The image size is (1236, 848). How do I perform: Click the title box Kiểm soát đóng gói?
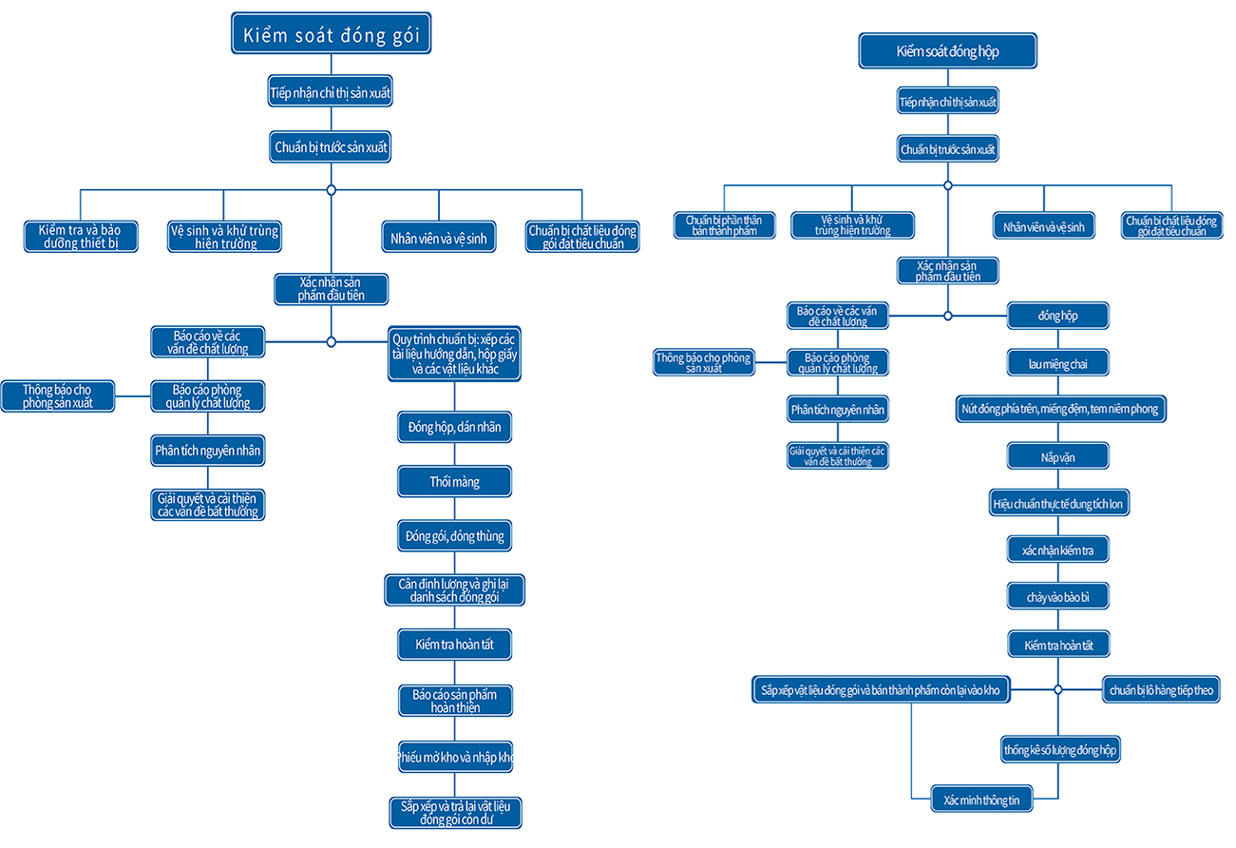(331, 33)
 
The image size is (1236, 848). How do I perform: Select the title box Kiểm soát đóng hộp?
(947, 50)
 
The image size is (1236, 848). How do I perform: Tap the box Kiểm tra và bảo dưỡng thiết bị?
(81, 237)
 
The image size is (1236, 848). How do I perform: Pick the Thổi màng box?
(455, 481)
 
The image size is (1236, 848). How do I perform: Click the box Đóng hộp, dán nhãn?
(455, 427)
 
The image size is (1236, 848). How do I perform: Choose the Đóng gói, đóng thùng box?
(455, 535)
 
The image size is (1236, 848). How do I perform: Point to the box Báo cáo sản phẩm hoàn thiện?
(455, 701)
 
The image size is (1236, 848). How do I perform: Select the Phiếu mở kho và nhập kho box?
(455, 757)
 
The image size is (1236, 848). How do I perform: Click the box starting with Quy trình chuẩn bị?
(454, 354)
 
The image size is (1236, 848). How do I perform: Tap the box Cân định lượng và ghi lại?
(455, 590)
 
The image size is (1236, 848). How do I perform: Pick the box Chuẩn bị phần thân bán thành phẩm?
(725, 225)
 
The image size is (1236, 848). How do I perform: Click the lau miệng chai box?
(1057, 363)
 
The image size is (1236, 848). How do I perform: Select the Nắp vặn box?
(1057, 456)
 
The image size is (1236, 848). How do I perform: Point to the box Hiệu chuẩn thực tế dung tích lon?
(1059, 502)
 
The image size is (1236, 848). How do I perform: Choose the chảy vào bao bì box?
(1057, 596)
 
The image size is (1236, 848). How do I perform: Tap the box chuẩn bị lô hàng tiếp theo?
(1161, 689)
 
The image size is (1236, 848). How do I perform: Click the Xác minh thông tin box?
(981, 799)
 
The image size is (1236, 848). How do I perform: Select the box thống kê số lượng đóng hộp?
(1060, 749)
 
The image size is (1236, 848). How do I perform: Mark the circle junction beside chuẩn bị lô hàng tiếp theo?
(1057, 689)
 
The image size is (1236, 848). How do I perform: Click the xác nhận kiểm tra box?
(1057, 549)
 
